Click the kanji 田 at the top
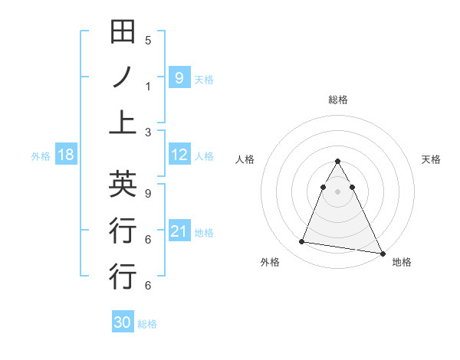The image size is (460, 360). pyautogui.click(x=123, y=33)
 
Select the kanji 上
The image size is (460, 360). pyautogui.click(x=123, y=122)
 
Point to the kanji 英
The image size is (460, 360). pyautogui.click(x=123, y=184)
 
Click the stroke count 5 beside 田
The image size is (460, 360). pyautogui.click(x=148, y=41)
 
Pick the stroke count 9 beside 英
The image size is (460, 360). pyautogui.click(x=148, y=194)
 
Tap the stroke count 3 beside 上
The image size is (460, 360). pyautogui.click(x=148, y=133)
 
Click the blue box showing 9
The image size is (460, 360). pyautogui.click(x=179, y=77)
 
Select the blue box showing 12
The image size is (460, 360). pyautogui.click(x=179, y=155)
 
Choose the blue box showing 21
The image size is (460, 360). pyautogui.click(x=179, y=231)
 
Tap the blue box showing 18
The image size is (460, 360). pyautogui.click(x=66, y=155)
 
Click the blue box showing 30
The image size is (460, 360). pyautogui.click(x=123, y=322)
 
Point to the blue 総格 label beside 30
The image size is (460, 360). pyautogui.click(x=147, y=324)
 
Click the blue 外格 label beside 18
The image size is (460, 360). pyautogui.click(x=41, y=156)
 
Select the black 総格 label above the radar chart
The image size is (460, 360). pyautogui.click(x=338, y=100)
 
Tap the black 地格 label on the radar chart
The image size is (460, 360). pyautogui.click(x=402, y=262)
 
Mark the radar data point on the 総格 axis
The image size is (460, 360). pyautogui.click(x=338, y=162)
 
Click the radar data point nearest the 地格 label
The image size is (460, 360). pyautogui.click(x=382, y=253)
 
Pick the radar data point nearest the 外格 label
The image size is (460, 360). pyautogui.click(x=302, y=242)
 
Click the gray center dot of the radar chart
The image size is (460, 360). pyautogui.click(x=338, y=191)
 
